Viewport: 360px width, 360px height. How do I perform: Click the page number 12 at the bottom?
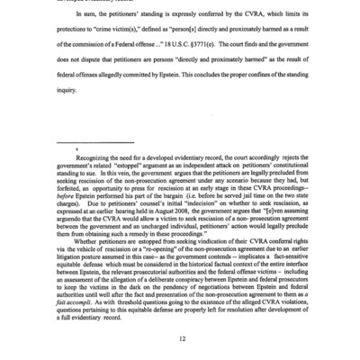[x=180, y=336]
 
